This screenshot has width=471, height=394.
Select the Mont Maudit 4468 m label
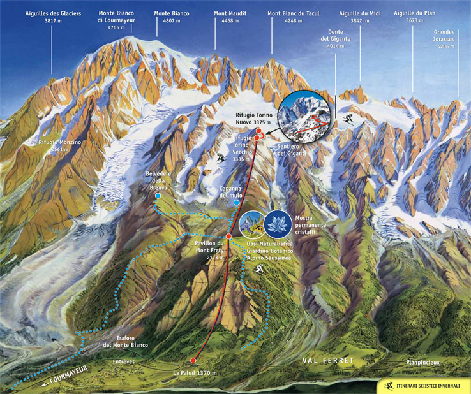230,17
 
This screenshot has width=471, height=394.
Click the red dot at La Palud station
193,360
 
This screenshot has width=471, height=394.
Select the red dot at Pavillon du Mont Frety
228,236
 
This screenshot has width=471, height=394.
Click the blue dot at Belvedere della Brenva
157,196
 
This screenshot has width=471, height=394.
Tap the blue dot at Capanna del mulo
236,203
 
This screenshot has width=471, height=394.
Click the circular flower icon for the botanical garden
251,224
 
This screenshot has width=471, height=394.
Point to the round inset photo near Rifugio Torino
306,116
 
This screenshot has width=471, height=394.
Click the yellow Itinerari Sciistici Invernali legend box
422,386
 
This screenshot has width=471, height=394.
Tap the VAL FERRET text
327,361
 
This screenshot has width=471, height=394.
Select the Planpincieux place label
422,362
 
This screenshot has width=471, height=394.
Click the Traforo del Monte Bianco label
125,341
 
